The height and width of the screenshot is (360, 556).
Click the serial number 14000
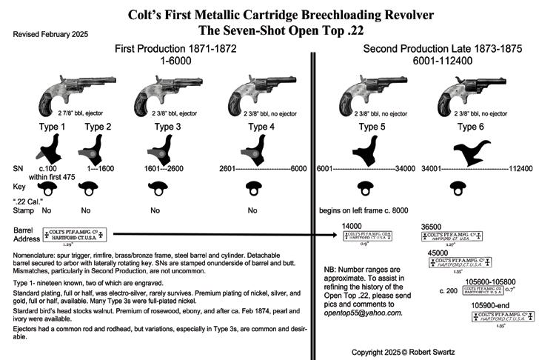pos(352,225)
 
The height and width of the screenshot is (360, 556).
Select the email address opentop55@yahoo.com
pos(362,313)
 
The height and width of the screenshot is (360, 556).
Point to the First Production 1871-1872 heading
pos(177,48)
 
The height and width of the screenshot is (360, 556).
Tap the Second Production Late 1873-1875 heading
pos(442,48)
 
